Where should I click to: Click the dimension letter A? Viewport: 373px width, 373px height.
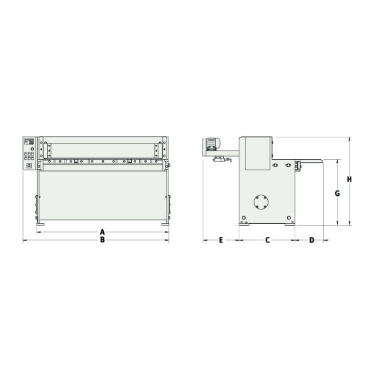click(x=103, y=232)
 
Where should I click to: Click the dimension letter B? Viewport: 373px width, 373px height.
click(x=103, y=240)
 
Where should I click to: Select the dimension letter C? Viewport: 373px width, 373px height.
click(x=268, y=240)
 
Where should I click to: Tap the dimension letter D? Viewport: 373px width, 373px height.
click(x=311, y=240)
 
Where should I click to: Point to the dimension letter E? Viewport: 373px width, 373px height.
click(x=221, y=240)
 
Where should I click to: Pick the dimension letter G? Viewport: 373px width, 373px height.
click(x=337, y=193)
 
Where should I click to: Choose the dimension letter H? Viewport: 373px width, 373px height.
click(x=349, y=180)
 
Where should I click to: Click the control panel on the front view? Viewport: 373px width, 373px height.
click(x=29, y=152)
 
